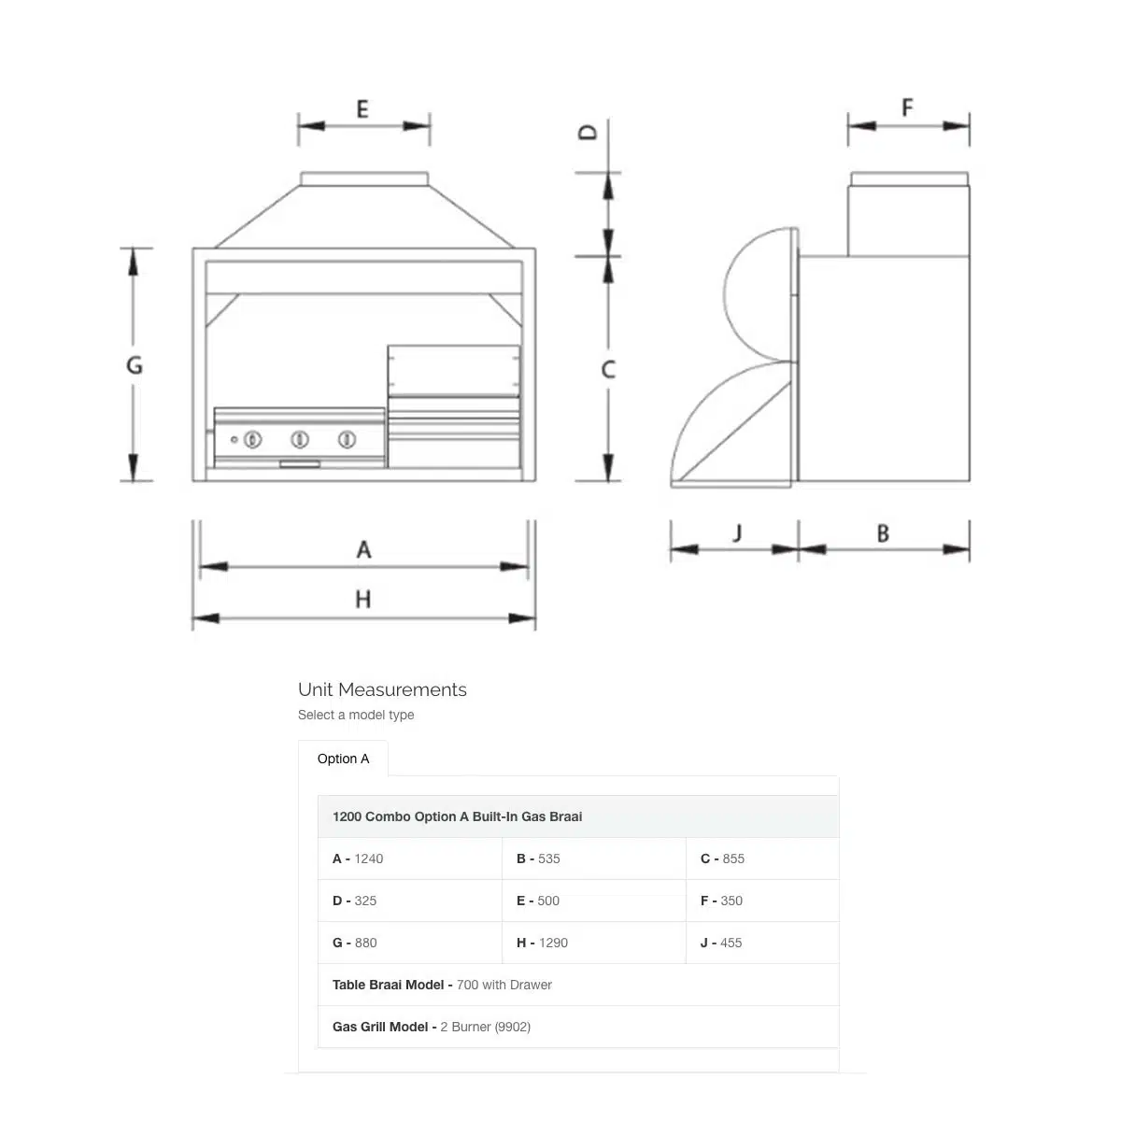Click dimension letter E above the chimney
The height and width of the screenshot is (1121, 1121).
[x=362, y=109]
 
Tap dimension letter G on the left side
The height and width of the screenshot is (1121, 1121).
[x=135, y=365]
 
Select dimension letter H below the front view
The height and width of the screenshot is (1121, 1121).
[x=363, y=599]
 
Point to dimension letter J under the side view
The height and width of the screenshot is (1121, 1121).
[x=737, y=533]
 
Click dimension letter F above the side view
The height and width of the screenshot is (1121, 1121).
[x=907, y=108]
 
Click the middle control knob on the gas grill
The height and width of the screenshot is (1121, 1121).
[x=300, y=438]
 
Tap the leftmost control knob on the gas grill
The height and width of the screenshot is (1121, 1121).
[x=253, y=438]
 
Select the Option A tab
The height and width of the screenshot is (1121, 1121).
[x=343, y=759]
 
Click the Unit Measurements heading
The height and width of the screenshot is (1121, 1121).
[x=382, y=689]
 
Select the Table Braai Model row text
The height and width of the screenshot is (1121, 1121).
[x=442, y=985]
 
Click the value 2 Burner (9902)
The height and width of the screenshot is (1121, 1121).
[x=485, y=1027]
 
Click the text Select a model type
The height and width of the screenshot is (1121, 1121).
[x=356, y=715]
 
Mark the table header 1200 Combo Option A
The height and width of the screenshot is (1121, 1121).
[x=457, y=816]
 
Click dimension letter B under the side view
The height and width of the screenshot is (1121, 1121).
[x=883, y=534]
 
